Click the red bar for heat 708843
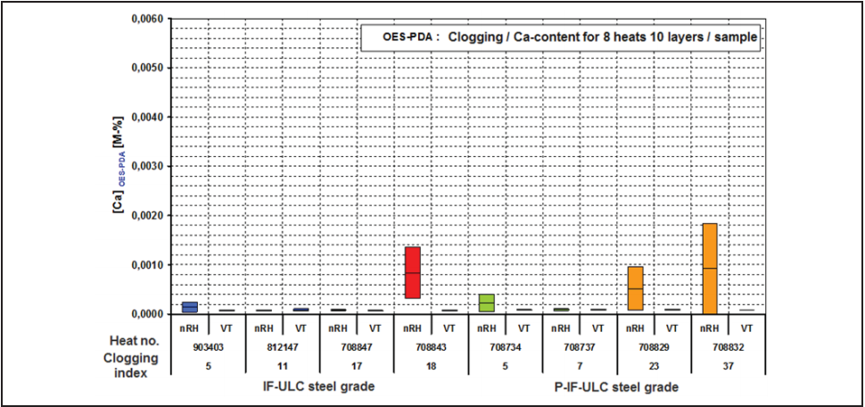pos(412,272)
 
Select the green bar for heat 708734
pos(486,303)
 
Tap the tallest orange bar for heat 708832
pos(710,269)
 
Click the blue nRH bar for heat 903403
pos(189,307)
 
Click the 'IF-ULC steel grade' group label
pos(319,387)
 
